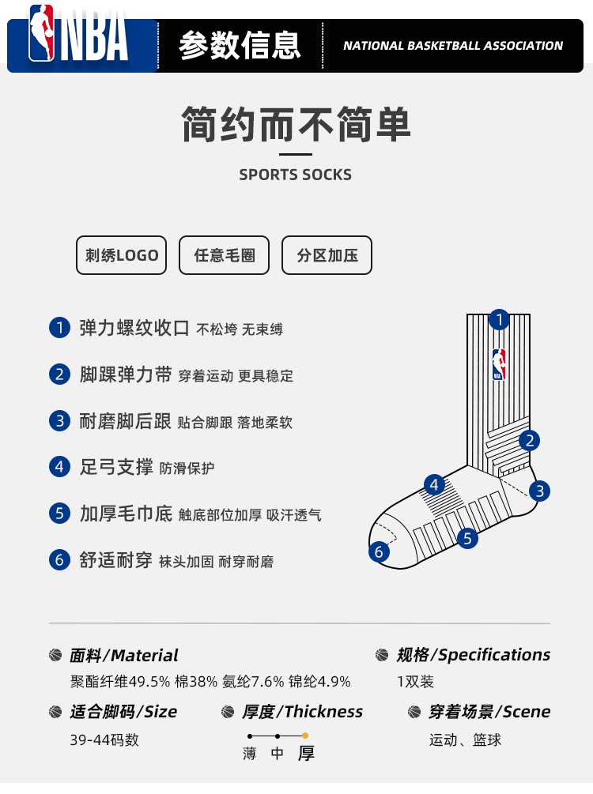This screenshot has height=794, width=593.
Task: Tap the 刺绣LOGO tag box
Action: click(x=121, y=255)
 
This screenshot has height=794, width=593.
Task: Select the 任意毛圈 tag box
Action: click(x=224, y=255)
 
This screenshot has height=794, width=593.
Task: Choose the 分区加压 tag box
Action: click(x=327, y=255)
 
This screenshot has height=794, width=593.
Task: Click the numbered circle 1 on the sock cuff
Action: click(x=499, y=319)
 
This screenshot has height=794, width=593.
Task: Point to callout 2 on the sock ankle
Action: click(x=529, y=440)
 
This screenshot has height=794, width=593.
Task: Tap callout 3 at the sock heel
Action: click(x=539, y=491)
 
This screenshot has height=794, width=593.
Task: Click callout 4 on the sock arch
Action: click(x=434, y=485)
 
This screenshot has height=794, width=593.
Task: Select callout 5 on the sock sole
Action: click(x=467, y=538)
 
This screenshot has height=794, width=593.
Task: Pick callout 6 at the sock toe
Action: click(x=379, y=551)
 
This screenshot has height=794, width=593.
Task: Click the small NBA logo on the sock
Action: click(x=499, y=364)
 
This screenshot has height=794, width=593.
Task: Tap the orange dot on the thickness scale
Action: click(x=304, y=736)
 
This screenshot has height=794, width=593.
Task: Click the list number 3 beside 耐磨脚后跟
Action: click(x=59, y=421)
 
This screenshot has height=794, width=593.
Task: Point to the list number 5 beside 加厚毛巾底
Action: click(x=59, y=514)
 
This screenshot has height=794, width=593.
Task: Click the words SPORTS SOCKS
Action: click(x=296, y=175)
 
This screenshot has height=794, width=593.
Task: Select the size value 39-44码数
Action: click(x=104, y=739)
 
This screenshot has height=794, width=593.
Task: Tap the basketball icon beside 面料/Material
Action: click(x=55, y=655)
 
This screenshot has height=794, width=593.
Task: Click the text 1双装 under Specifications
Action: click(x=416, y=682)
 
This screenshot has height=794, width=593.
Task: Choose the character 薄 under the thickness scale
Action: click(x=249, y=754)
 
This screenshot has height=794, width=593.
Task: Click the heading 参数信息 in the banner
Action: click(x=240, y=46)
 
